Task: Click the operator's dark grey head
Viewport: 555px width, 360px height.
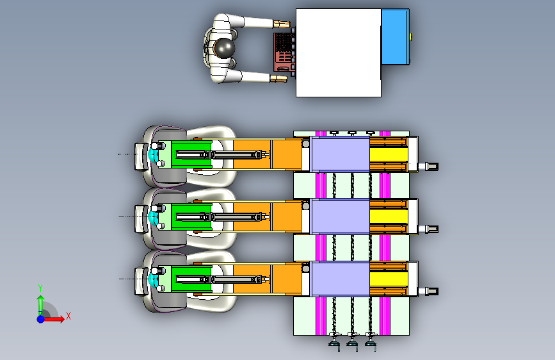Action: [x=224, y=48]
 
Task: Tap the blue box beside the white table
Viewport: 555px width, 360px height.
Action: [x=396, y=37]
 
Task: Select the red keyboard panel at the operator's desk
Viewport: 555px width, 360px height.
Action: [x=283, y=52]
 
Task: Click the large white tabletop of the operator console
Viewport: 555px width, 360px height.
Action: [x=339, y=53]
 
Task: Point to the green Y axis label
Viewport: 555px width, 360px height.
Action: [x=40, y=288]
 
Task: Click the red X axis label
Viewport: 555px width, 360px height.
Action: [x=68, y=316]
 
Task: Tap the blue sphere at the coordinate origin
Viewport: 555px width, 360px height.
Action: [x=41, y=319]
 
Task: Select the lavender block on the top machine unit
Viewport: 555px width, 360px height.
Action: [x=341, y=154]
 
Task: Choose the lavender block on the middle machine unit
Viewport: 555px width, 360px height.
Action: [x=341, y=217]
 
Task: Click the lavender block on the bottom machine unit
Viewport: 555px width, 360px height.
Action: [x=341, y=279]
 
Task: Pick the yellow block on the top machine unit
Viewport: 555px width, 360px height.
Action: [x=389, y=154]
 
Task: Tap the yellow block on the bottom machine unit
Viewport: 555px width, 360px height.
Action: [x=389, y=279]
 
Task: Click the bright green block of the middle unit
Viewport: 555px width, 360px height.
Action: [x=191, y=217]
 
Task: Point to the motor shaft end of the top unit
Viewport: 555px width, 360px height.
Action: [x=431, y=166]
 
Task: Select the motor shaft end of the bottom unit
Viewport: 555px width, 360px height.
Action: [x=431, y=291]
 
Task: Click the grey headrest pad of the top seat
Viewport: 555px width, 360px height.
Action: [x=141, y=156]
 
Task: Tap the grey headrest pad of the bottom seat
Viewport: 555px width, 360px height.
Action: [x=141, y=281]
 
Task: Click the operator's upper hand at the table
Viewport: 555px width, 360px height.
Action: [x=282, y=24]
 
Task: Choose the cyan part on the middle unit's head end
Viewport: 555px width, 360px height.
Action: [x=152, y=217]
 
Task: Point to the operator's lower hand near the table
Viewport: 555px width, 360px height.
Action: [x=278, y=78]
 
